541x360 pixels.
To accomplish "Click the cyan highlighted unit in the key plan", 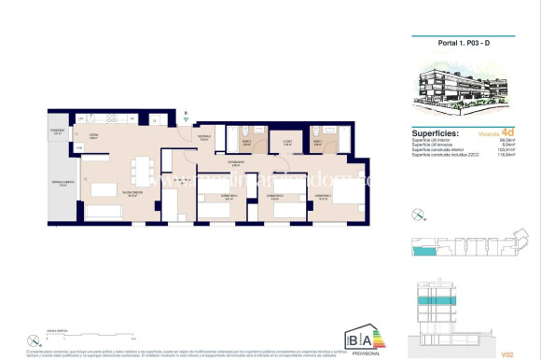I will [426, 252].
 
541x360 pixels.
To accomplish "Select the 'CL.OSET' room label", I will [287, 142].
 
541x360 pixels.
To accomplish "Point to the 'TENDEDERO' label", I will [58, 130].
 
